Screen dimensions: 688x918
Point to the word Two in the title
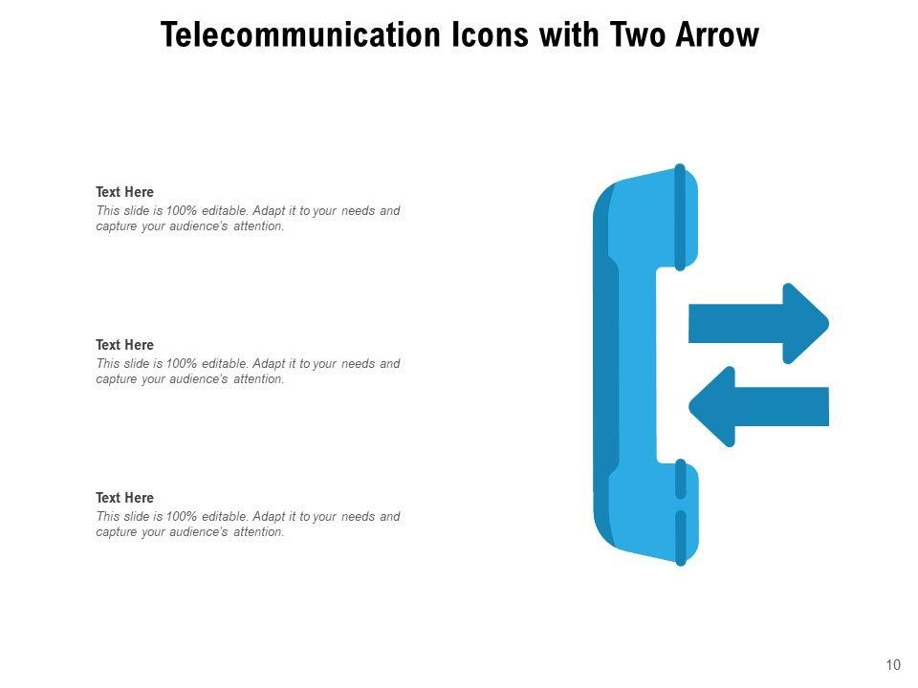[645, 35]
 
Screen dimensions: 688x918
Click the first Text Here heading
[124, 192]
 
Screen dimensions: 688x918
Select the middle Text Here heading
[124, 345]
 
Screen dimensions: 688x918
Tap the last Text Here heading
[124, 498]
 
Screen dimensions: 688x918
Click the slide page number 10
[894, 665]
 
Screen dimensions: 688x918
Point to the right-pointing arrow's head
[805, 323]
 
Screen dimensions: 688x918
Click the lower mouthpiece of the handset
[650, 511]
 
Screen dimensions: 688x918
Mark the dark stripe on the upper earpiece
[680, 216]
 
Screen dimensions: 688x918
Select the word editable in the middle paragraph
[225, 364]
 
